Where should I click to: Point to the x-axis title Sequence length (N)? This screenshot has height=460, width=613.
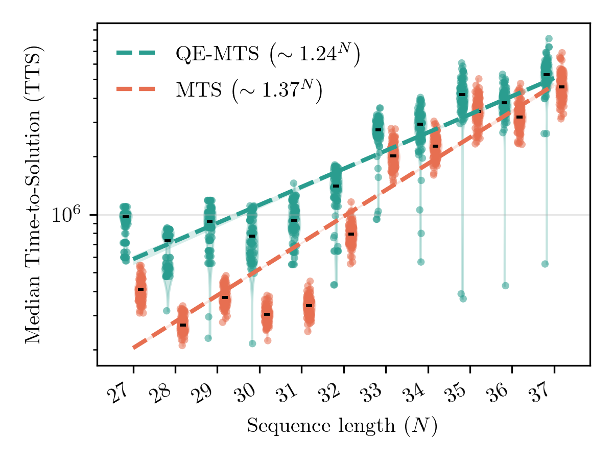[x=342, y=426]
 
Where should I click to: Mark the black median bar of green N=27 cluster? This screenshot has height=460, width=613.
[x=126, y=217]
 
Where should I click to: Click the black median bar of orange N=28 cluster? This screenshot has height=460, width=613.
[x=183, y=325]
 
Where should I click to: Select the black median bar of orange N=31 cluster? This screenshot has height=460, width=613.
[x=309, y=306]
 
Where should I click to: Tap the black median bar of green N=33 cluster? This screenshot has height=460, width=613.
[x=378, y=130]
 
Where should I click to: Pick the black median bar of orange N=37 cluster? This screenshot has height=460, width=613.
[x=561, y=87]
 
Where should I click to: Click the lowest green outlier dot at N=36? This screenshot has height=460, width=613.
[x=505, y=286]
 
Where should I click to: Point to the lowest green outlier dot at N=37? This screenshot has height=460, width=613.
[x=545, y=264]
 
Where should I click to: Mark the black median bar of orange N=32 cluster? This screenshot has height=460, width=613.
[x=351, y=234]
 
